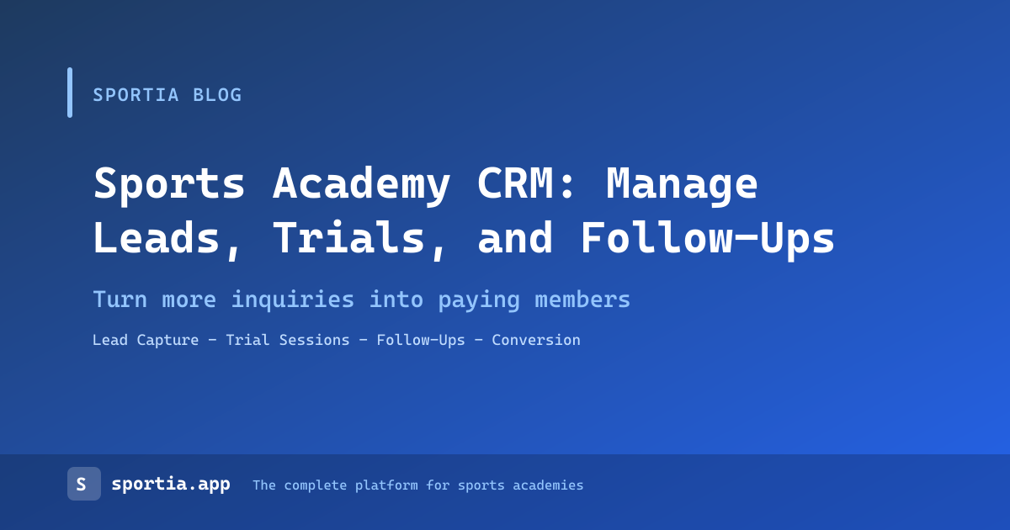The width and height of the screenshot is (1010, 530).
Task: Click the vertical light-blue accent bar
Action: [x=70, y=93]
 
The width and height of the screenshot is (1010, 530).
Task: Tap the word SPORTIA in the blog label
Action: [x=136, y=95]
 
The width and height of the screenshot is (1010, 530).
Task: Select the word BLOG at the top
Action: [x=217, y=95]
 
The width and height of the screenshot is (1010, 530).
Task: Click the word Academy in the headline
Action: [x=362, y=185]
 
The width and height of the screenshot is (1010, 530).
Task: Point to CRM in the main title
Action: [x=515, y=183]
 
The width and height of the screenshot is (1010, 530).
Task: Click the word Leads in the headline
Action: [x=157, y=237]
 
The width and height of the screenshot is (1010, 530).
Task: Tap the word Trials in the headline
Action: [x=349, y=237]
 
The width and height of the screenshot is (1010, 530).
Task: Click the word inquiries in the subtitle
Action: [x=293, y=300]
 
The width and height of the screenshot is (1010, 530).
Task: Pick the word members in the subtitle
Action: [x=582, y=299]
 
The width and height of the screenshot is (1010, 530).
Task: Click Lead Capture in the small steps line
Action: [x=146, y=340]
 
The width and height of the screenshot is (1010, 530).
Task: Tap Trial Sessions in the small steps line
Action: [x=288, y=340]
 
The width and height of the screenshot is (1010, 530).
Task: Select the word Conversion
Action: [x=536, y=340]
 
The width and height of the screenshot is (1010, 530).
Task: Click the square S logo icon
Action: [x=84, y=484]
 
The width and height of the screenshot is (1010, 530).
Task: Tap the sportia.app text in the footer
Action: [x=171, y=485]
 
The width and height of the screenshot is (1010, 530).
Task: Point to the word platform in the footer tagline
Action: [x=386, y=486]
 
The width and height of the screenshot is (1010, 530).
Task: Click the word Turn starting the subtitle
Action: [x=120, y=299]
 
